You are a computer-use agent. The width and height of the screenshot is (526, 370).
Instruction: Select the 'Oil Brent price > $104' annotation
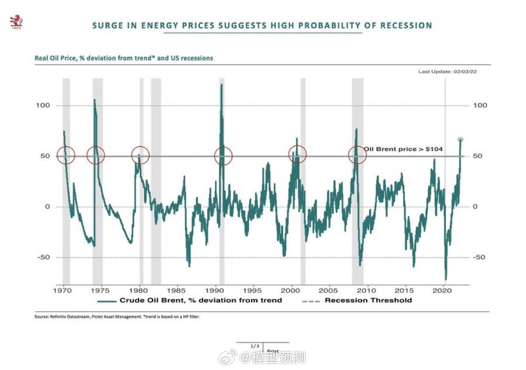coord(404,148)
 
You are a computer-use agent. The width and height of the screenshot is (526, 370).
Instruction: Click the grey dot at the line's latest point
coord(461,140)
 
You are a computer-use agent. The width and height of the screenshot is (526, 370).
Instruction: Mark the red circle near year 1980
coord(141,155)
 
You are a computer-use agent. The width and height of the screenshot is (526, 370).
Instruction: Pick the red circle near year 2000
coord(297,154)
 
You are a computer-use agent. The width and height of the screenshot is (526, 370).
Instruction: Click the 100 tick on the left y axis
coord(44,106)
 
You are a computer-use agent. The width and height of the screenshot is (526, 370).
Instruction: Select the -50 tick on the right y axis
coord(479,257)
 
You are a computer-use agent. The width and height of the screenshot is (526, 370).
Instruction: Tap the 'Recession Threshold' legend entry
coord(368,300)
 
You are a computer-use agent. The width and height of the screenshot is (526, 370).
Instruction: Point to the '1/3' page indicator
coord(255,346)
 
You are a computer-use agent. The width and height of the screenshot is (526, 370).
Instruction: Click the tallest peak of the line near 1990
coord(221,85)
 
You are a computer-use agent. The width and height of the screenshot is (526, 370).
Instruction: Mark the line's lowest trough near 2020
coord(445,279)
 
